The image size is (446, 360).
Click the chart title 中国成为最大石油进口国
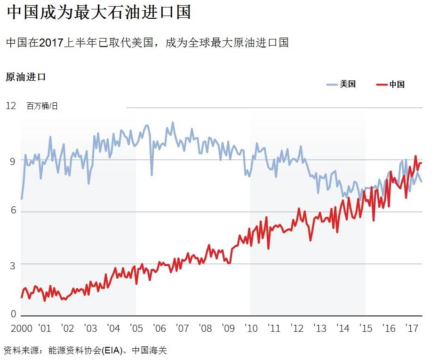pos(99,13)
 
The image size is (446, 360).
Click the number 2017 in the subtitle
pos(51,43)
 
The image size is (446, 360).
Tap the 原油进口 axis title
pos(26,77)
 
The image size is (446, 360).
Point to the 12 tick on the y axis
pos(11,106)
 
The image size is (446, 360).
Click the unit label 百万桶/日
pos(42,106)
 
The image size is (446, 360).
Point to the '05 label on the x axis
pos(136,328)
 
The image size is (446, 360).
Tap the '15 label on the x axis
pos(366,328)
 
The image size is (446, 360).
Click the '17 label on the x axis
pos(412,328)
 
